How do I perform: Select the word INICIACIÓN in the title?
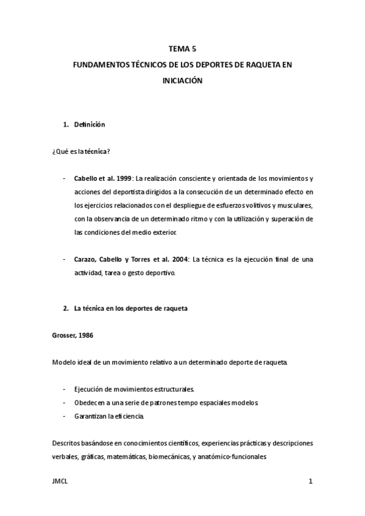[x=182, y=80]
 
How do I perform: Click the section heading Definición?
[x=90, y=125]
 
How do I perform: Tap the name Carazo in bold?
[x=87, y=259]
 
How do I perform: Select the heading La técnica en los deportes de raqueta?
[x=130, y=309]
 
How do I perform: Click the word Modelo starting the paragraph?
[x=63, y=363]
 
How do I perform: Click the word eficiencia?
[x=130, y=417]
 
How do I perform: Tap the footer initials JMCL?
[x=60, y=483]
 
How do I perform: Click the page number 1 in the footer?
[x=310, y=483]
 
